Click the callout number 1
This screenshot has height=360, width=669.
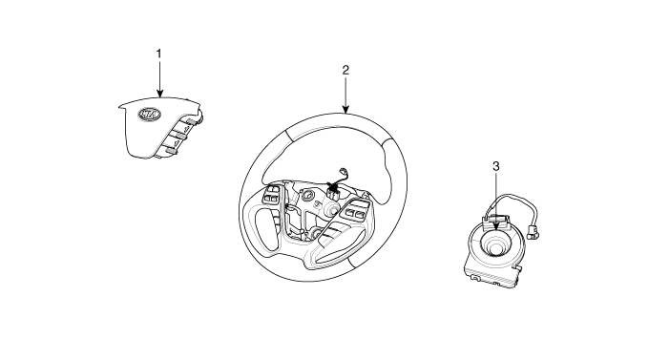pyautogui.click(x=159, y=54)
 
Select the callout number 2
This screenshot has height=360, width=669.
pyautogui.click(x=345, y=70)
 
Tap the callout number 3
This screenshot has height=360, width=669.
pyautogui.click(x=495, y=166)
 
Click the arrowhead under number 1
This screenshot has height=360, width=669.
pyautogui.click(x=159, y=93)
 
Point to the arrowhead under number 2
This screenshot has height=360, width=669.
pyautogui.click(x=345, y=109)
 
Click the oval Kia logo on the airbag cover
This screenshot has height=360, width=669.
pyautogui.click(x=150, y=114)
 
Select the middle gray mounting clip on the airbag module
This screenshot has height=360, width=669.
pyautogui.click(x=181, y=137)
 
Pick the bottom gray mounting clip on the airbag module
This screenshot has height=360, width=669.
pyautogui.click(x=172, y=150)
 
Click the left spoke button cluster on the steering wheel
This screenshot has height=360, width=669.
pyautogui.click(x=272, y=194)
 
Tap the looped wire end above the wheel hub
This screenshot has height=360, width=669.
pyautogui.click(x=343, y=171)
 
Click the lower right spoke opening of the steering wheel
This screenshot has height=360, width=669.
pyautogui.click(x=338, y=246)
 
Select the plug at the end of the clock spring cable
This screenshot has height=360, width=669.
pyautogui.click(x=532, y=231)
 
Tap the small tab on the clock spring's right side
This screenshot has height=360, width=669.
pyautogui.click(x=519, y=267)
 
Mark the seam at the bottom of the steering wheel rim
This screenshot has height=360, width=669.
pyautogui.click(x=350, y=264)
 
